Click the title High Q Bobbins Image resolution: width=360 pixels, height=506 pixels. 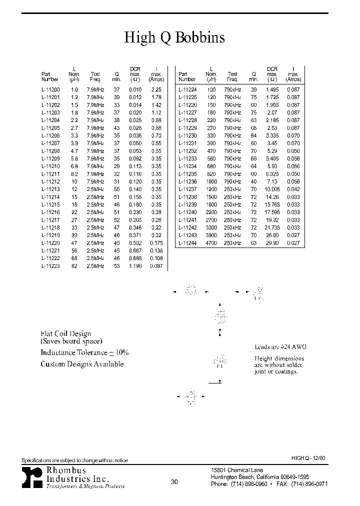[174, 38]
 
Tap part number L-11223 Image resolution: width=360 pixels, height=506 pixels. [50, 266]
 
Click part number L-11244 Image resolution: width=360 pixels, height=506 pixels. [187, 243]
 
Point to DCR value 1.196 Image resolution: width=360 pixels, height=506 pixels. [135, 266]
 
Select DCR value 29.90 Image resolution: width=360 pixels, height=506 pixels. [272, 243]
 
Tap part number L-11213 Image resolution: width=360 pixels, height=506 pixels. [50, 189]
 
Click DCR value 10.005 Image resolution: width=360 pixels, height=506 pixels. [272, 189]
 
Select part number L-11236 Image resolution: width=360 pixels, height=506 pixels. [187, 181]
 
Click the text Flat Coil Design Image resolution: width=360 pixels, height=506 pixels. [65, 333]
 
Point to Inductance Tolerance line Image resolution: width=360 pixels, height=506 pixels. [84, 352]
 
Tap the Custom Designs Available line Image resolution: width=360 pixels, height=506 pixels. [82, 364]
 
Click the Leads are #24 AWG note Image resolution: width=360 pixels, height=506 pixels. [280, 347]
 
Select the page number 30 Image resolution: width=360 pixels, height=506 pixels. [174, 482]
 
